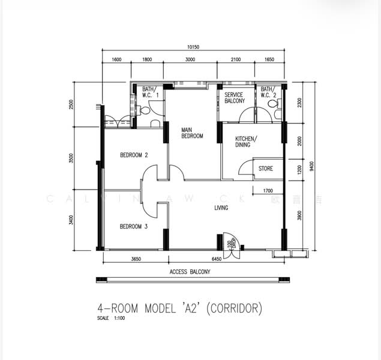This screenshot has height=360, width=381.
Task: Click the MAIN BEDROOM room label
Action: [193, 132]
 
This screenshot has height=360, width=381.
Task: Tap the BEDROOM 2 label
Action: [134, 155]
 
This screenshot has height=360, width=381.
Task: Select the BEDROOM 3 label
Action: [133, 226]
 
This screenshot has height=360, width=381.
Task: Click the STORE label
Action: [265, 169]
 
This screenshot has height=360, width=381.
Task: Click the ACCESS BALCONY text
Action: [190, 271]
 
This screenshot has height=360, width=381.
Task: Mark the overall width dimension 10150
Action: [193, 47]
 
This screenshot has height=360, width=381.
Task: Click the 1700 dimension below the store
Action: [268, 191]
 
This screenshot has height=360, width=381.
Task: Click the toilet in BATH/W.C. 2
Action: [275, 104]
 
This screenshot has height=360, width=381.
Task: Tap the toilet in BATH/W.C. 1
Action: [139, 110]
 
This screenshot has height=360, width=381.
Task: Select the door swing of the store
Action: [247, 168]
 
